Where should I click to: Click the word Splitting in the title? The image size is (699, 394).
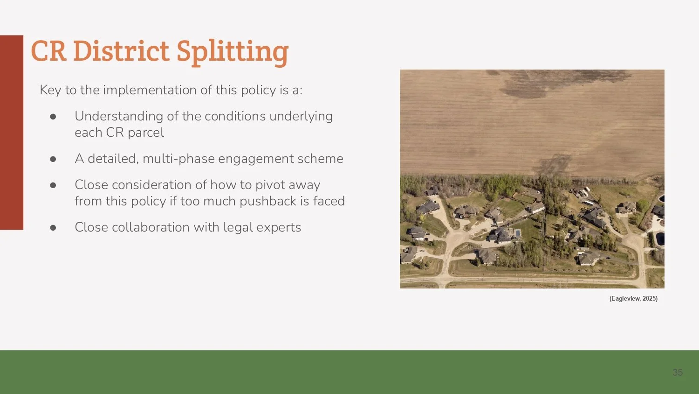click(x=232, y=51)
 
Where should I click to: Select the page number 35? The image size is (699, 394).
click(x=677, y=373)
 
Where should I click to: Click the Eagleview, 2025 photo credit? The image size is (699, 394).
click(x=633, y=299)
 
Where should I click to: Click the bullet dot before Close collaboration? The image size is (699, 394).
click(x=53, y=228)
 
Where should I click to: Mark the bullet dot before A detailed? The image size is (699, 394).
click(x=53, y=159)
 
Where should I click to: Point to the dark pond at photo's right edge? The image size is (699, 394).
click(x=660, y=239)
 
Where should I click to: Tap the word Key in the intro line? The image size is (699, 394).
click(x=50, y=90)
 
